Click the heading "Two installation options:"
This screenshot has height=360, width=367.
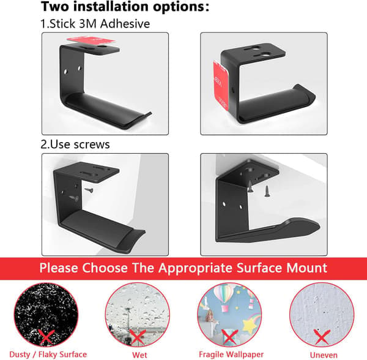click(125, 7)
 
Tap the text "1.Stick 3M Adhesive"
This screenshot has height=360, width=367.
click(95, 24)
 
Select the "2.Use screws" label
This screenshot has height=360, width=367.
click(75, 144)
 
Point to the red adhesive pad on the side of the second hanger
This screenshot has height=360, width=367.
click(220, 84)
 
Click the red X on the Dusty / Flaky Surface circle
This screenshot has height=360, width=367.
click(46, 337)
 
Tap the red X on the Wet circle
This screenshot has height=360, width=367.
click(138, 337)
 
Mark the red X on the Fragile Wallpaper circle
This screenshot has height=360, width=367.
click(229, 337)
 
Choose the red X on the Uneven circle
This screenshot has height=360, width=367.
click(322, 337)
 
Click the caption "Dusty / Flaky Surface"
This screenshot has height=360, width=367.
click(48, 354)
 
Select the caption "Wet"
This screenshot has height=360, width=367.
click(139, 355)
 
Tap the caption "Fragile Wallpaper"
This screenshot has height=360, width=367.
click(231, 354)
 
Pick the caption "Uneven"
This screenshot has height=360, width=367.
click(324, 355)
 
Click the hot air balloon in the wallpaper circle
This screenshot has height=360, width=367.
click(223, 296)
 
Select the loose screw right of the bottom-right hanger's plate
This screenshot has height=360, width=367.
click(267, 191)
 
